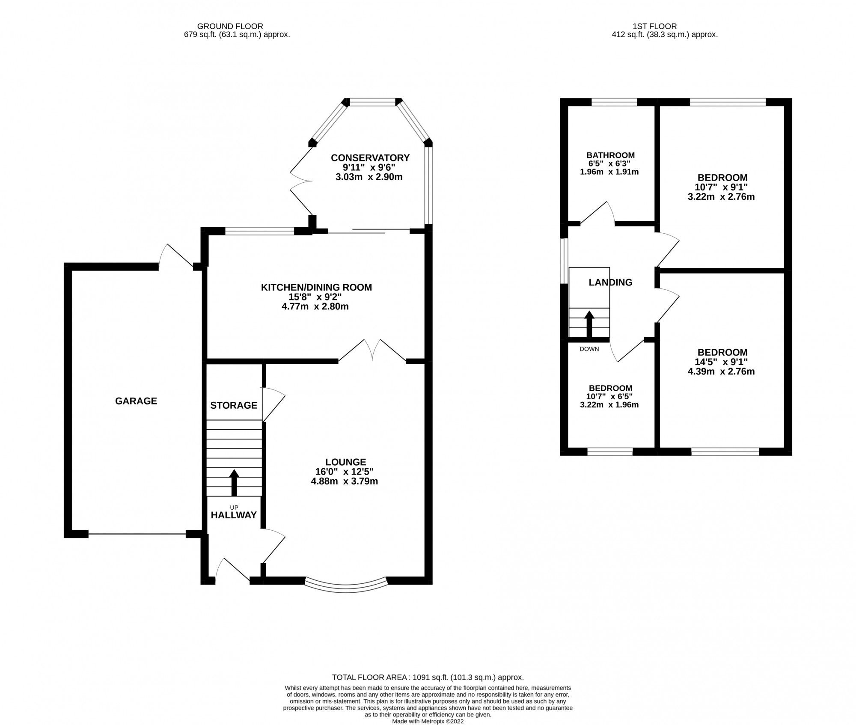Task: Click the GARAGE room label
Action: (x=136, y=401)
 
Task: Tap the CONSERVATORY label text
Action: (x=370, y=157)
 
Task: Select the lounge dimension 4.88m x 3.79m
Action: (x=345, y=481)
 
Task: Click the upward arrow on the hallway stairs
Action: (x=234, y=482)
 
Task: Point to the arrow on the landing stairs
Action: (x=589, y=324)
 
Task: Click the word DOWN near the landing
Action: (x=589, y=349)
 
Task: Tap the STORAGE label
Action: (x=234, y=405)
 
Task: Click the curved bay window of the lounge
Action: (x=345, y=586)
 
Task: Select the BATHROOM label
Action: (x=610, y=155)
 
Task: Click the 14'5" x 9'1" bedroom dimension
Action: (x=722, y=362)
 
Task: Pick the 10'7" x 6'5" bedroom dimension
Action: (x=609, y=396)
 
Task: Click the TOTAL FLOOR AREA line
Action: (x=428, y=689)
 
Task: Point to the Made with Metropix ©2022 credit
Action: (x=428, y=721)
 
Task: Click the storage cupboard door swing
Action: (x=273, y=404)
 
